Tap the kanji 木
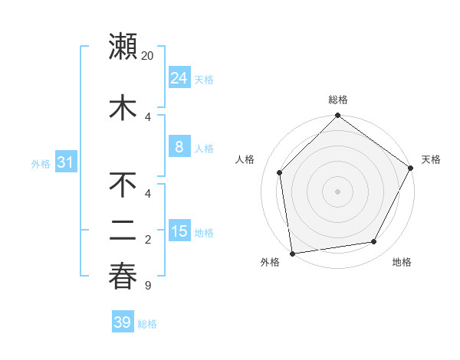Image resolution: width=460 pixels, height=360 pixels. pos(123,108)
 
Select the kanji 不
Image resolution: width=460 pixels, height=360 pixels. pos(123,185)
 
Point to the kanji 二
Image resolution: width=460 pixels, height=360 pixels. pos(123,232)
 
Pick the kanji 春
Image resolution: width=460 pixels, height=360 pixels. pos(123,277)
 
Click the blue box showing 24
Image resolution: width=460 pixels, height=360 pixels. pos(179,77)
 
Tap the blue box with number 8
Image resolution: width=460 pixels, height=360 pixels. pos(179,147)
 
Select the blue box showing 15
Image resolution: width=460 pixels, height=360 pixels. pos(179,231)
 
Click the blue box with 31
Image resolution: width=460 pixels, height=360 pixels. pos(65,162)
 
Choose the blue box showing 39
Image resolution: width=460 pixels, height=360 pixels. pos(123,322)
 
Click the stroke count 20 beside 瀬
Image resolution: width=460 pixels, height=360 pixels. pos(148,56)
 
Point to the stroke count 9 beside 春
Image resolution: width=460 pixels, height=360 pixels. pos(147,286)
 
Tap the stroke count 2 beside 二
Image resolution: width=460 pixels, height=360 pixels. pos(148,240)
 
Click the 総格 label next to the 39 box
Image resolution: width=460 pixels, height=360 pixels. pos(148,324)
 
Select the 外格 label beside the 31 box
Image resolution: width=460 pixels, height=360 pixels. pos(40,164)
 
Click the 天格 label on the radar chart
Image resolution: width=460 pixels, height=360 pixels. pos(431,159)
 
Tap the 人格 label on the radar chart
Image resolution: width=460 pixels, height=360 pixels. pos(245,159)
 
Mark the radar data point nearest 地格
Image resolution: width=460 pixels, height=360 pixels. pos(374,241)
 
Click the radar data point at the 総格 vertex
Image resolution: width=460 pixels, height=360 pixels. pos(337,116)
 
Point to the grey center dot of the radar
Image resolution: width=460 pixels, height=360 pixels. pos(337,191)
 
